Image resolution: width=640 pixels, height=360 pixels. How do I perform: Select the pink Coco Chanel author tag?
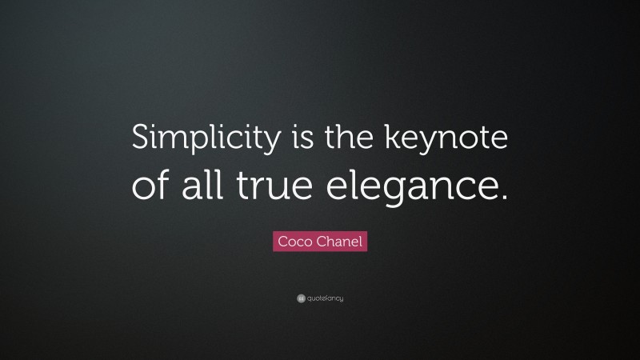(x=320, y=241)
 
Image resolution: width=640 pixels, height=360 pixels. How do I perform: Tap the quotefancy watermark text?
(x=326, y=298)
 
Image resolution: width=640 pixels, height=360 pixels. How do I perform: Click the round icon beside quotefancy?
(x=301, y=298)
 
